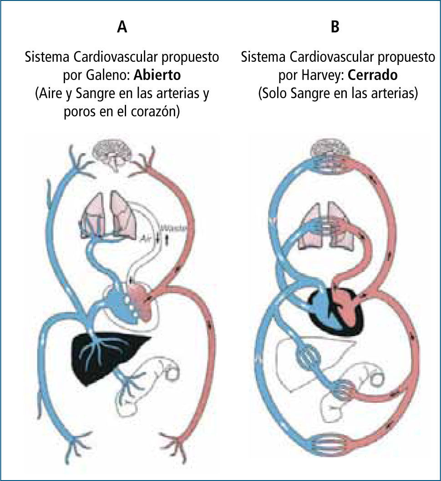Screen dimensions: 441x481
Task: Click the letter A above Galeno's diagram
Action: [x=122, y=27]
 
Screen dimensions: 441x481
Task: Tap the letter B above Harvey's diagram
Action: [x=335, y=27]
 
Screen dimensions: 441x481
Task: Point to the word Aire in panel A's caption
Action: [x=46, y=94]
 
